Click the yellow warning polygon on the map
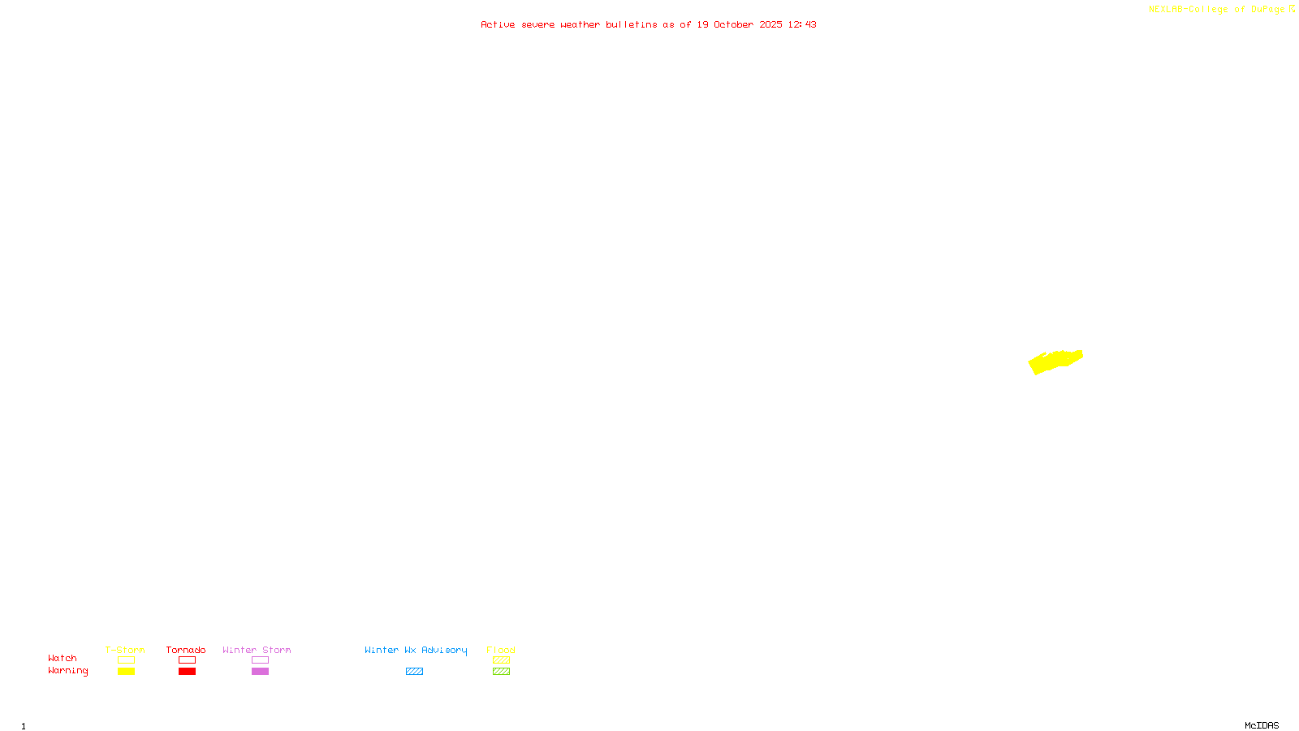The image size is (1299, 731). pos(1055,361)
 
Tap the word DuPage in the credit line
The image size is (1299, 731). pos(1267,10)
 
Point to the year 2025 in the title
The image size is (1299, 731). pos(771,24)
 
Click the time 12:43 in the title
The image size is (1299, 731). pos(802,24)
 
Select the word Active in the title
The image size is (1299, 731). pos(498,24)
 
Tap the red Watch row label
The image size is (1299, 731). pos(63,659)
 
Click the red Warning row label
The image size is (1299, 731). pos(68,671)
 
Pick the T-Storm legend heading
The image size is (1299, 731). pos(125,650)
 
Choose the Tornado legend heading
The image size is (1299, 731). pos(186,650)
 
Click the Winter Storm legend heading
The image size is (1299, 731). pos(257,650)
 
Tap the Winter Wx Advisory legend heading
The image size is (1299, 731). pos(416,650)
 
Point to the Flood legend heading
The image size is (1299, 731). pos(501,650)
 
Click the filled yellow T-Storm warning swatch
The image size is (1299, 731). pos(126,672)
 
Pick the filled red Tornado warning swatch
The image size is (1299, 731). pos(187,672)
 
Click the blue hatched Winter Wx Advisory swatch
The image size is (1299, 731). pos(414,672)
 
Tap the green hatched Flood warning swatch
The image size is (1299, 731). pos(501,672)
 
